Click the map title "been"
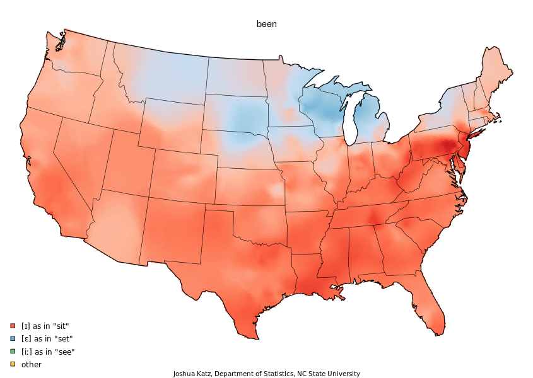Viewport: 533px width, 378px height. tap(266, 24)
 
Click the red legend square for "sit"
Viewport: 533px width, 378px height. tap(13, 326)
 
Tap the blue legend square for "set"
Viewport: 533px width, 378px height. tap(13, 339)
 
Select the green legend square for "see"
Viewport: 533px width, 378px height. tap(13, 352)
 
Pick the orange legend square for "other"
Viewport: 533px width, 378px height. tap(13, 365)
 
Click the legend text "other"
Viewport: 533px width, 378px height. tap(32, 365)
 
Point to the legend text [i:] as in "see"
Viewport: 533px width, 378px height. tap(48, 352)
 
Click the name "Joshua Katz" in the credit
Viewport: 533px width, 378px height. tap(192, 374)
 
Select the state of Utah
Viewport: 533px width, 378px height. tap(126, 167)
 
